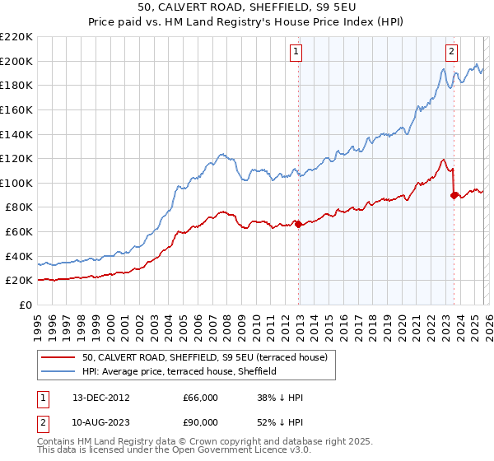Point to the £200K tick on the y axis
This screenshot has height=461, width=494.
point(16,61)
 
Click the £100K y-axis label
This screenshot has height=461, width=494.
point(16,183)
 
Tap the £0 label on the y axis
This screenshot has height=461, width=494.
point(25,305)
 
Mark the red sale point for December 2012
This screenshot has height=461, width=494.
point(298,225)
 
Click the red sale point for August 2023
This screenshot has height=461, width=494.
point(454,195)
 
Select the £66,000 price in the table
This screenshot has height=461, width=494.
point(200,398)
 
